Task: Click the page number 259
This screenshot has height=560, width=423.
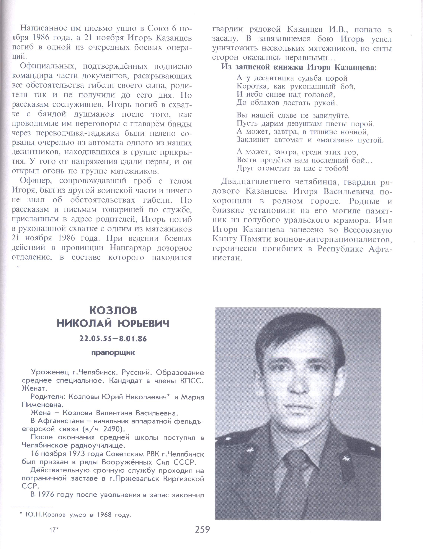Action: tap(202, 529)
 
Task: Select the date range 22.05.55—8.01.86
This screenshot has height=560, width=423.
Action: tap(113, 339)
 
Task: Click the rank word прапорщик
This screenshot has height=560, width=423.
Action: tap(113, 353)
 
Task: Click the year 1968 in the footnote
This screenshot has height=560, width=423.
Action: tap(104, 515)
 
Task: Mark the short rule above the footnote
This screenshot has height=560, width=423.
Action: tap(32, 507)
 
